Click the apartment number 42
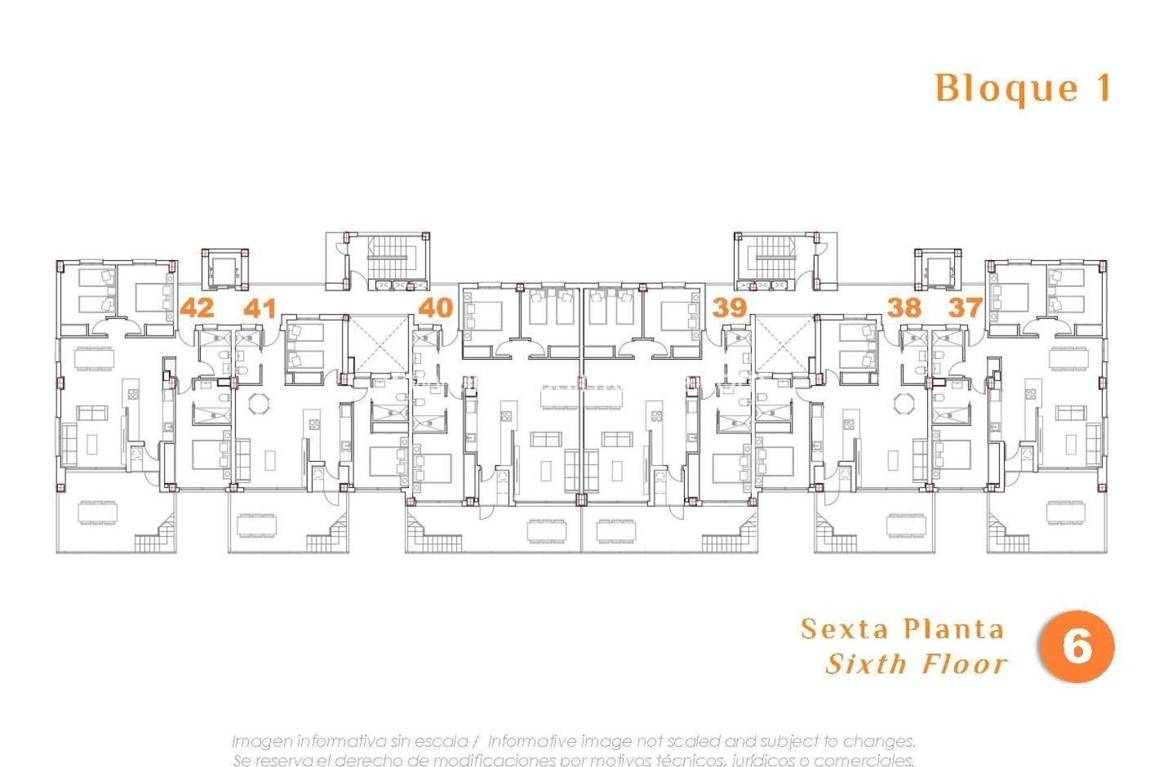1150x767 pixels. (197, 308)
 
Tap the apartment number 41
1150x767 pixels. (260, 308)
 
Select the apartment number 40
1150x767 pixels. (435, 308)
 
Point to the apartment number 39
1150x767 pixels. (729, 308)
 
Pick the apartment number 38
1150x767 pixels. (904, 308)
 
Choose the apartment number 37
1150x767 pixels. (965, 308)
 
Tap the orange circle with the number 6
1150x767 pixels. (1076, 647)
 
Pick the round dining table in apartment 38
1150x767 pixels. (904, 403)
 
